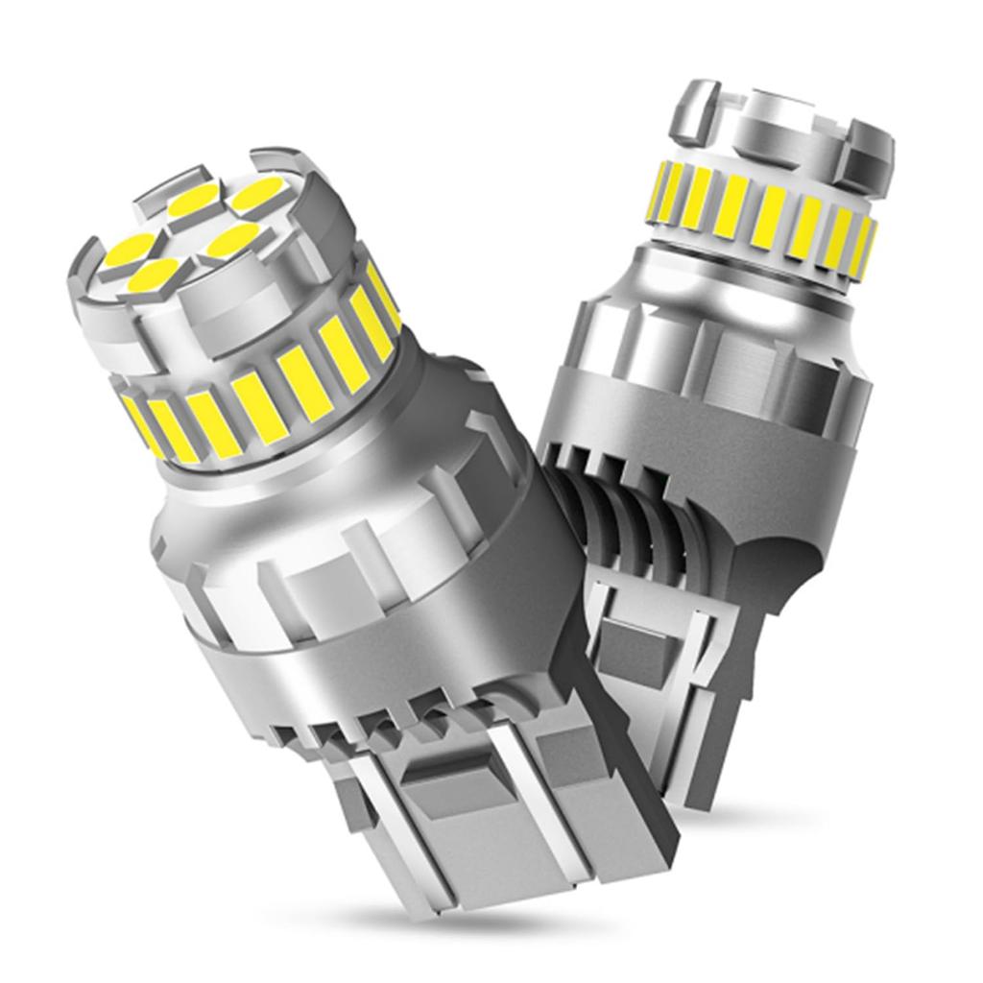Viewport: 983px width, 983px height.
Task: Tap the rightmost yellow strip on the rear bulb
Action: pyautogui.click(x=865, y=248)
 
